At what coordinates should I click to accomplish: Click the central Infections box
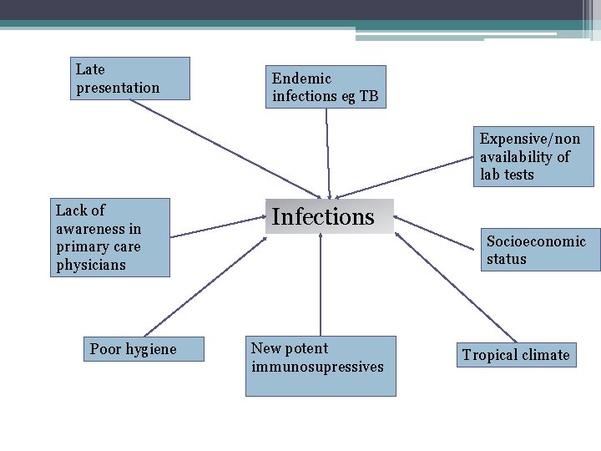click(x=330, y=216)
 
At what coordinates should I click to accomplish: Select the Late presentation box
click(x=130, y=79)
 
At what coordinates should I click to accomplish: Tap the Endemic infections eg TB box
click(x=326, y=87)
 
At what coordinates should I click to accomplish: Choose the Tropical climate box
click(x=516, y=355)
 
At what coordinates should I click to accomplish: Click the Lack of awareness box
click(x=110, y=237)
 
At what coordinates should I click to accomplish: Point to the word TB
click(x=369, y=96)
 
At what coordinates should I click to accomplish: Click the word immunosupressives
click(x=317, y=367)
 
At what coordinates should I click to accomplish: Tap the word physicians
click(x=91, y=265)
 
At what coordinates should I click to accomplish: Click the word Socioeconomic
click(x=537, y=241)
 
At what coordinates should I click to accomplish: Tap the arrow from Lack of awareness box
click(x=217, y=226)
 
